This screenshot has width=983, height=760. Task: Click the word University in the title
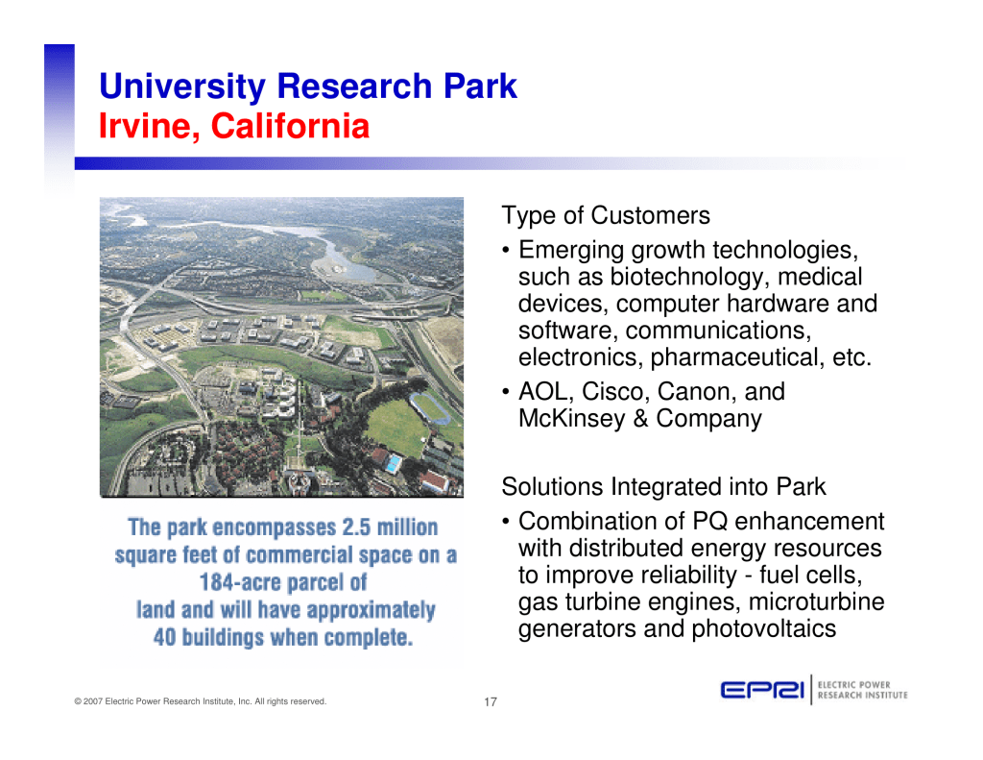tap(182, 86)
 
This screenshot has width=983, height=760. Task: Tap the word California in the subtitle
tap(290, 126)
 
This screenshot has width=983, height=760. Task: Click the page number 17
tap(491, 701)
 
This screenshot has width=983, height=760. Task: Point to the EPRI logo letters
tap(762, 690)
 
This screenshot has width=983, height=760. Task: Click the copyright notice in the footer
tap(200, 701)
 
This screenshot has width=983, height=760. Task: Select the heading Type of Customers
tap(606, 216)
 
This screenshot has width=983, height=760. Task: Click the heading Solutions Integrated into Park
tap(663, 487)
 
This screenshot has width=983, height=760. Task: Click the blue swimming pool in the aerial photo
tap(393, 464)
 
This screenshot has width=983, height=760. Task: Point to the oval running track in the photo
tap(430, 406)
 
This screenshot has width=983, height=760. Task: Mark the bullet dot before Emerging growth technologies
tap(505, 251)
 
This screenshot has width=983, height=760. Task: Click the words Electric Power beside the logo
tap(853, 685)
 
